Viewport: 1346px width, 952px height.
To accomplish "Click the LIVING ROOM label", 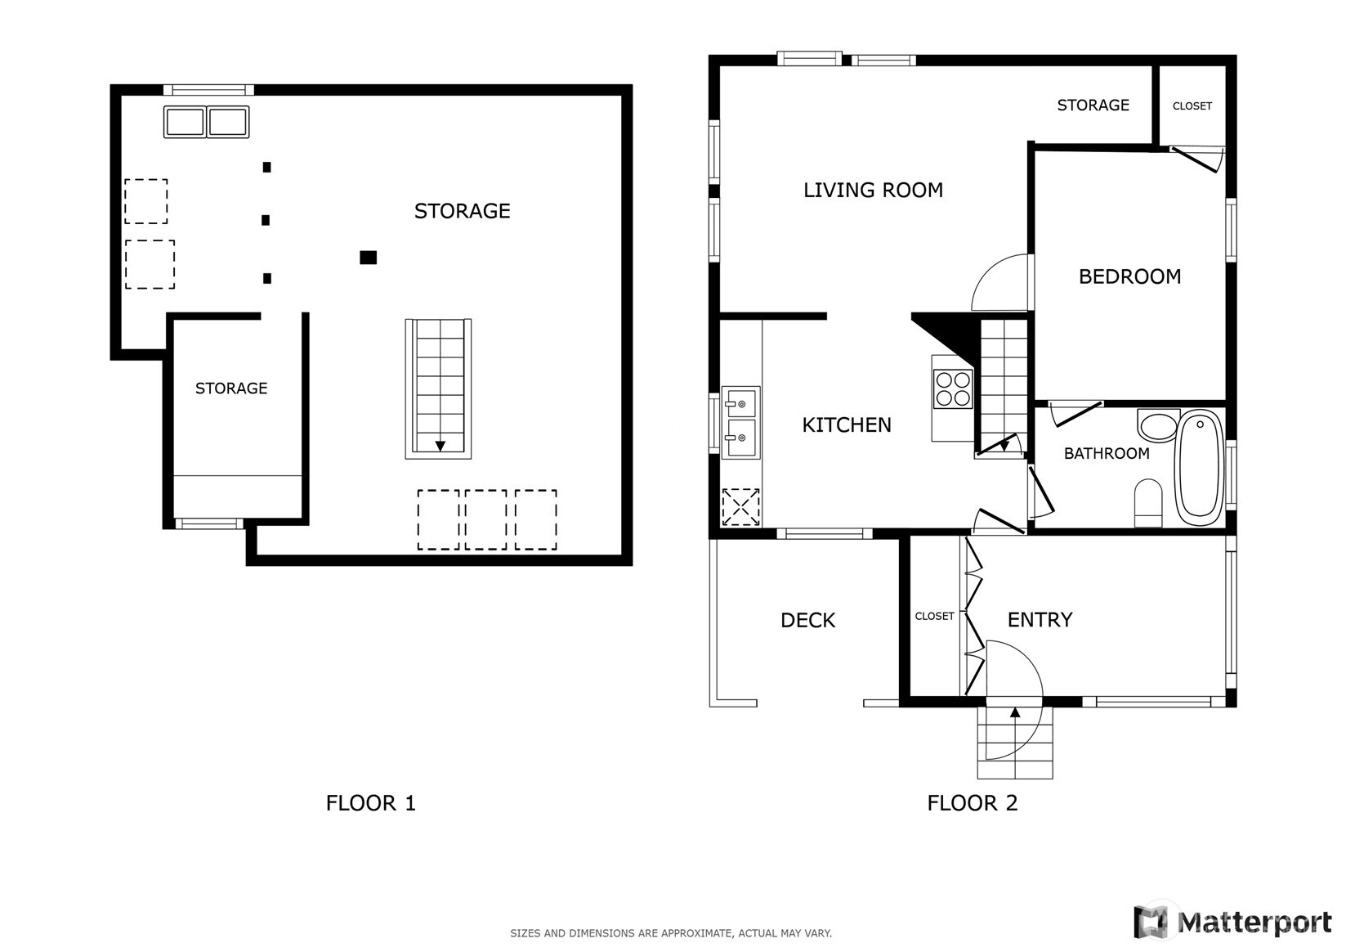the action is coord(873,190).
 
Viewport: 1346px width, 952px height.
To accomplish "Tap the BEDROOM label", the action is coord(1129,276).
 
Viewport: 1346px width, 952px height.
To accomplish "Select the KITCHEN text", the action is coord(847,425).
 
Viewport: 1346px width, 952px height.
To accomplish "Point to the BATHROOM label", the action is coord(1107,453).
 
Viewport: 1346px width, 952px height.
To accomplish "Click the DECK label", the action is coord(807,620).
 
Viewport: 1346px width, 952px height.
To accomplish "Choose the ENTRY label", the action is coord(1040,619).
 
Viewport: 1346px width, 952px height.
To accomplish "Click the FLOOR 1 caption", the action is coord(370,803).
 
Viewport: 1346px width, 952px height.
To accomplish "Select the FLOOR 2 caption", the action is coord(973,803).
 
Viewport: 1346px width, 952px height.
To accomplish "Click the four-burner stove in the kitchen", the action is coord(952,389).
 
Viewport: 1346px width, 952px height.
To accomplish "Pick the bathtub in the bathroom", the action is coord(1200,467).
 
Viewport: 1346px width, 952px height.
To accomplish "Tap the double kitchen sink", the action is coord(741,422).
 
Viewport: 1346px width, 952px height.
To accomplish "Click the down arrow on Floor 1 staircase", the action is coord(440,446).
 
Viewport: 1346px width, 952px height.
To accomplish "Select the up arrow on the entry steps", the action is coord(1015,712).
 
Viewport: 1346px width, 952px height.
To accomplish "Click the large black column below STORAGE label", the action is coord(369,258).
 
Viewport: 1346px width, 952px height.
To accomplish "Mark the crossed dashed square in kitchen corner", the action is coord(740,507).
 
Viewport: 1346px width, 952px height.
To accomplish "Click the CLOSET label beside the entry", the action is coord(934,616).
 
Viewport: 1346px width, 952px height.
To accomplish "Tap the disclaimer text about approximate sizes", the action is coord(671,933).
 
